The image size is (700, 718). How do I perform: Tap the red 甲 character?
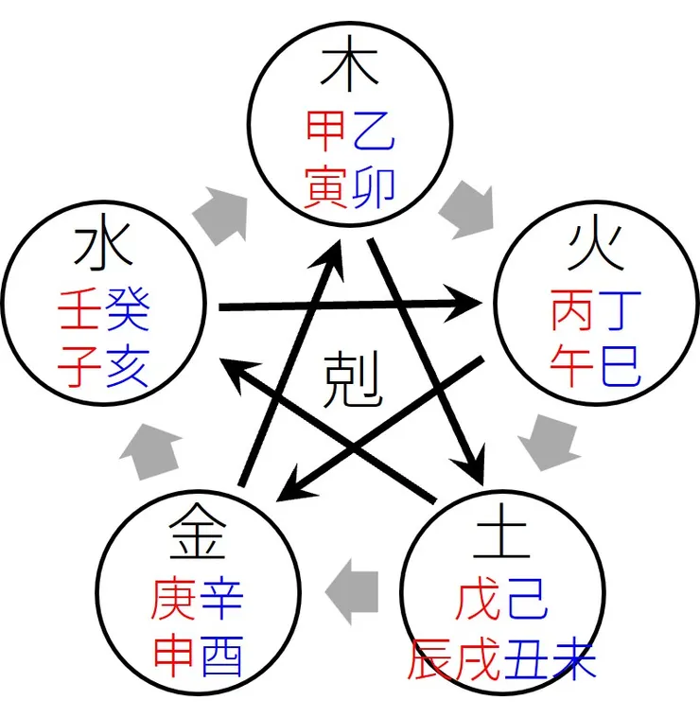point(327,131)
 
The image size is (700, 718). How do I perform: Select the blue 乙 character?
point(373,131)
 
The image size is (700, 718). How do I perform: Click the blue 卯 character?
point(373,184)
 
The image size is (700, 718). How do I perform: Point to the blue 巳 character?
point(620,363)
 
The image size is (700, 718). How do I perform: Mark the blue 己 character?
point(525,602)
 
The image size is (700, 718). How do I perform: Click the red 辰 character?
point(431,657)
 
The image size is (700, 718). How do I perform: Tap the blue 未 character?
point(573,657)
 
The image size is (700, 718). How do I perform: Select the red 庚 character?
point(174,598)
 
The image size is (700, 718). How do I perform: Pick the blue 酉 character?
point(219,654)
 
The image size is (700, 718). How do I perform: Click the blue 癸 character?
point(127,309)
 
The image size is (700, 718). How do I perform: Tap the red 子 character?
point(80,363)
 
